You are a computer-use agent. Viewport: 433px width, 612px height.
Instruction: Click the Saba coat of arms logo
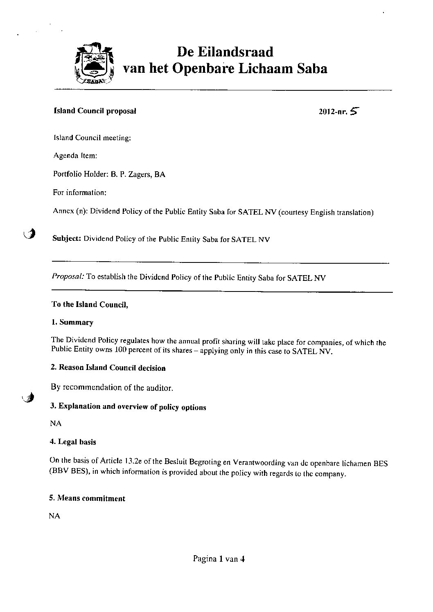tap(95, 64)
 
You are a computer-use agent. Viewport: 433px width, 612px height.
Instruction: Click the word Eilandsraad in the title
tap(225, 52)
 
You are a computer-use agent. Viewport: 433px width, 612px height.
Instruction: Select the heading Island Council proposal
tap(95, 111)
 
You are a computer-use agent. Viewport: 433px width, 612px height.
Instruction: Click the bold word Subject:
tap(67, 239)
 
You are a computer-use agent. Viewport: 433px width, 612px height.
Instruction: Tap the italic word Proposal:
tap(68, 277)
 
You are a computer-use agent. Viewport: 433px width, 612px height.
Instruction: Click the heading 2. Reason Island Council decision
tap(108, 368)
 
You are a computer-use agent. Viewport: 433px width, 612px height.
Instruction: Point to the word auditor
tap(160, 388)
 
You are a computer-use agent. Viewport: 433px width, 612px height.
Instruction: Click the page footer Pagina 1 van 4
tap(219, 559)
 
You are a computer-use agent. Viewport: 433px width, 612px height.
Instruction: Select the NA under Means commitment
tap(55, 516)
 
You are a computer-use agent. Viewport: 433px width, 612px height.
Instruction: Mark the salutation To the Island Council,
tap(90, 304)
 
